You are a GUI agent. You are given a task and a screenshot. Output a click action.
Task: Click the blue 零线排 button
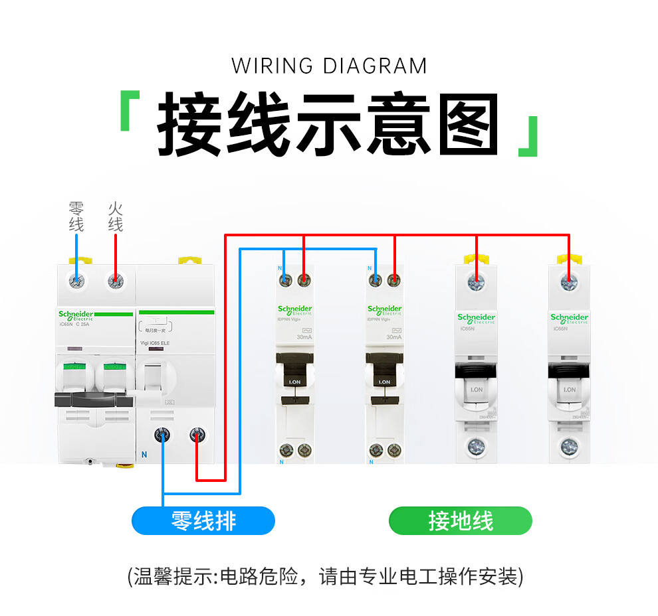[203, 521]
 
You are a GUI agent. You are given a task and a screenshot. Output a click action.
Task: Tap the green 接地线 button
[460, 521]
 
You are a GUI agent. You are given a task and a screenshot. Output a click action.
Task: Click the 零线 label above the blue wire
[76, 216]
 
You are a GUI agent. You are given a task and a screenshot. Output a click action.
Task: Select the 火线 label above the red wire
[116, 216]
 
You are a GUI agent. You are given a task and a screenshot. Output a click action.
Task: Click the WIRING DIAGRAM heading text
[329, 66]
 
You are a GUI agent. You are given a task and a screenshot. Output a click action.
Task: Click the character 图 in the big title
[467, 125]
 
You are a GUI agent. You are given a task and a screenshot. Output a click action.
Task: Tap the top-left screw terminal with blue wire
[78, 281]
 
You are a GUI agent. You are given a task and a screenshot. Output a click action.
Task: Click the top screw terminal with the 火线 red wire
[116, 281]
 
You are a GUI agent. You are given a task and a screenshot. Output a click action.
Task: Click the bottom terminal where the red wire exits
[197, 435]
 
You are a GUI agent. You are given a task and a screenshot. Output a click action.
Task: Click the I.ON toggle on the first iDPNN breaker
[294, 382]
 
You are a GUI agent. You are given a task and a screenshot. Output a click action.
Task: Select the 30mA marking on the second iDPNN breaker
[393, 337]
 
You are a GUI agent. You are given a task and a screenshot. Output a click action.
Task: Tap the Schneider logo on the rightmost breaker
[569, 317]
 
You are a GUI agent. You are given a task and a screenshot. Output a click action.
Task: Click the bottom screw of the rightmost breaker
[568, 445]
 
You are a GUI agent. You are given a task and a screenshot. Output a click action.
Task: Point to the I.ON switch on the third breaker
[476, 390]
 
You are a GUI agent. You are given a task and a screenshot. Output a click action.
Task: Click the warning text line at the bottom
[325, 576]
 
